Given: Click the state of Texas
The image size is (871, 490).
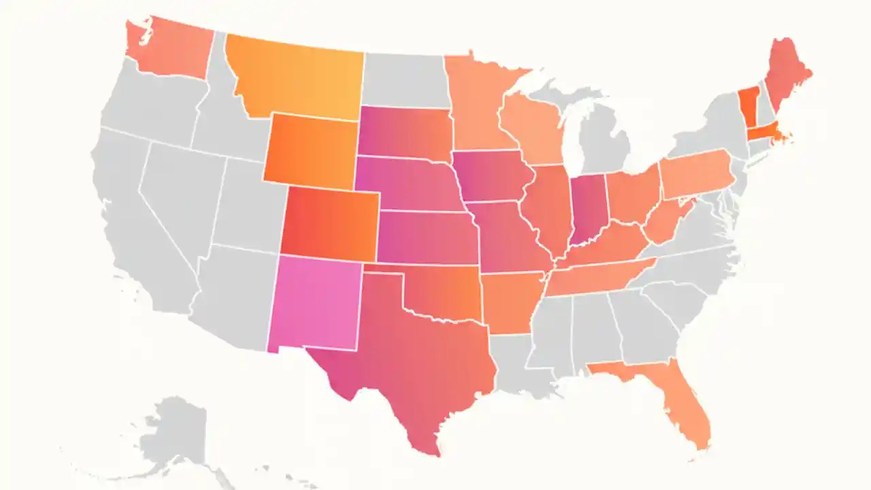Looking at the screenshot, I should tap(415, 354).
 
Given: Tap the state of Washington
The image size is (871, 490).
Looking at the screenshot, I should tap(170, 51).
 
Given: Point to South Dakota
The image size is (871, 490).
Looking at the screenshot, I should tap(405, 133).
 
